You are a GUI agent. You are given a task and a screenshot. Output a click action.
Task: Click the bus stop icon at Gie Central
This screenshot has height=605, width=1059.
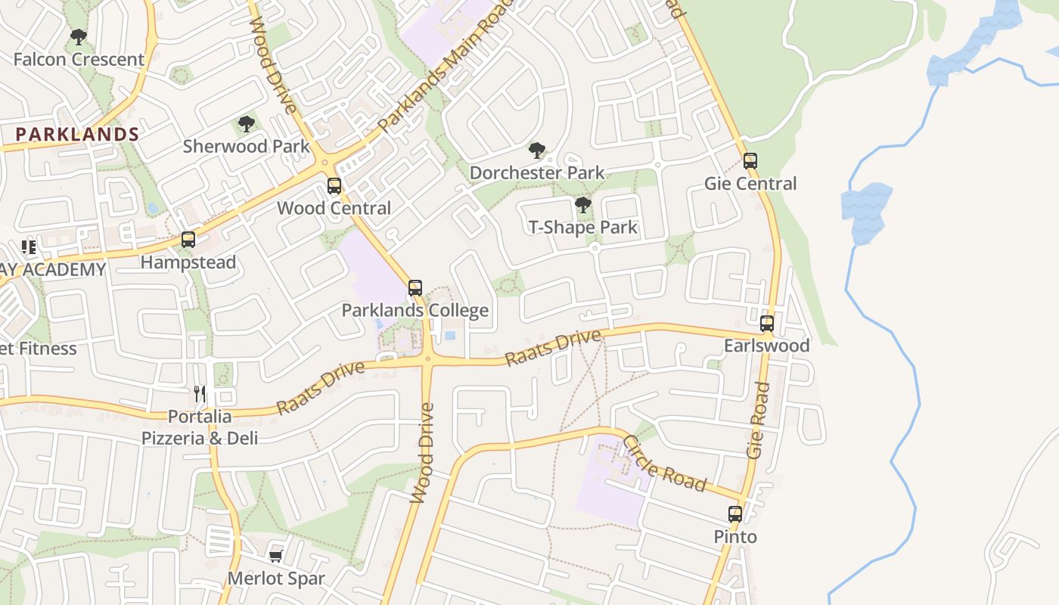pyautogui.click(x=750, y=161)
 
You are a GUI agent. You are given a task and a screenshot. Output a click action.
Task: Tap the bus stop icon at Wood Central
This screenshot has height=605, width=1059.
pyautogui.click(x=334, y=186)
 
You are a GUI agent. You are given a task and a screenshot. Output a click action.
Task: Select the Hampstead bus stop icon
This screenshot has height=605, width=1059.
pyautogui.click(x=188, y=240)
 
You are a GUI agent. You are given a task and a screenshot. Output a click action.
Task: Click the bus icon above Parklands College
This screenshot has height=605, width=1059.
pyautogui.click(x=415, y=288)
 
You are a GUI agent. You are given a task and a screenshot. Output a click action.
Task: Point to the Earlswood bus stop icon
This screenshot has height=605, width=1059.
pyautogui.click(x=767, y=324)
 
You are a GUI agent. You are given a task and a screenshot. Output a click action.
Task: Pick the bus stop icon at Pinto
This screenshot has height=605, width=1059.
pyautogui.click(x=734, y=514)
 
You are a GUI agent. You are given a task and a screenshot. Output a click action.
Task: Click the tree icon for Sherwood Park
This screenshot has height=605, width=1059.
pyautogui.click(x=246, y=124)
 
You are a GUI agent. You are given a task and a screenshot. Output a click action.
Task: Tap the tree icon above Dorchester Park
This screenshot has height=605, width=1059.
pyautogui.click(x=537, y=150)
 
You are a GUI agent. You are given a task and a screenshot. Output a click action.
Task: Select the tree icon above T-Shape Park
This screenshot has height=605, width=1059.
pyautogui.click(x=582, y=205)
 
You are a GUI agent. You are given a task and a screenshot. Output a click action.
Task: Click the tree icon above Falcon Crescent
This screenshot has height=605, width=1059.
pyautogui.click(x=78, y=36)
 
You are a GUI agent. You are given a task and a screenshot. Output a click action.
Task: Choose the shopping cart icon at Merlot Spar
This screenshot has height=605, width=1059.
pyautogui.click(x=275, y=557)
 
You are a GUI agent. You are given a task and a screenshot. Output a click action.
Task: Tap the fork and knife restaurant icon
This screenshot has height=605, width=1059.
pyautogui.click(x=200, y=393)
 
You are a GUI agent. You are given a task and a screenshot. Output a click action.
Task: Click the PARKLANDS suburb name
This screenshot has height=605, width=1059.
pyautogui.click(x=77, y=135)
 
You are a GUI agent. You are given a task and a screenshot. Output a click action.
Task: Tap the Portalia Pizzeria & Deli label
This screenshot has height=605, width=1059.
pyautogui.click(x=200, y=427)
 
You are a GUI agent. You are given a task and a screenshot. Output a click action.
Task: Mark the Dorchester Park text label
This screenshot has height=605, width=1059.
pyautogui.click(x=537, y=172)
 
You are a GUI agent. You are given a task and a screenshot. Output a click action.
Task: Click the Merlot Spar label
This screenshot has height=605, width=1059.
pyautogui.click(x=276, y=579)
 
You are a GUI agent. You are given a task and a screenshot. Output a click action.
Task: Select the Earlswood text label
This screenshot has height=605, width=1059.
pyautogui.click(x=766, y=346)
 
